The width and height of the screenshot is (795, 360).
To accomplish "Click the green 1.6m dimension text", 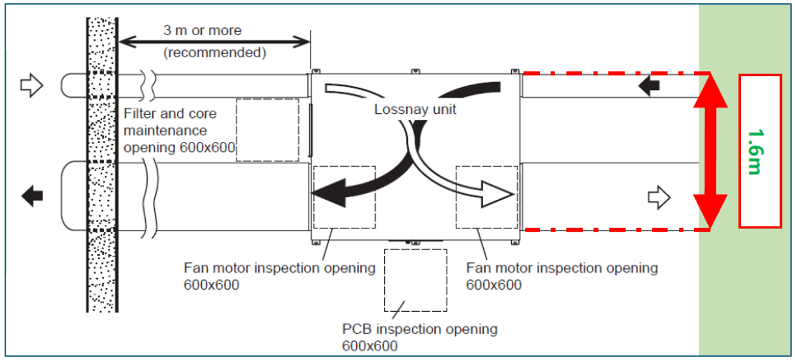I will pyautogui.click(x=756, y=151).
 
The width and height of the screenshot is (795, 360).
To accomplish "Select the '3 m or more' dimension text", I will pyautogui.click(x=202, y=30).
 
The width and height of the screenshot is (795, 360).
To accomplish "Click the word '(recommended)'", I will pyautogui.click(x=214, y=53).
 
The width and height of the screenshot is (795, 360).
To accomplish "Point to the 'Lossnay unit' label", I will pyautogui.click(x=415, y=109).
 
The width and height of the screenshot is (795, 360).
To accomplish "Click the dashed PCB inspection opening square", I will pyautogui.click(x=415, y=280).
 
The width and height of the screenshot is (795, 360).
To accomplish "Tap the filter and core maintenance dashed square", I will pyautogui.click(x=268, y=130).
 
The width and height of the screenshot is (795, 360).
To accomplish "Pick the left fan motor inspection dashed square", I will pyautogui.click(x=344, y=197).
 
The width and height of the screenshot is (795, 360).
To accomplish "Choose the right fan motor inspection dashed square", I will pyautogui.click(x=486, y=197).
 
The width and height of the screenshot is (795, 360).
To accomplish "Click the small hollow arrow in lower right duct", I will pyautogui.click(x=660, y=197).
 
